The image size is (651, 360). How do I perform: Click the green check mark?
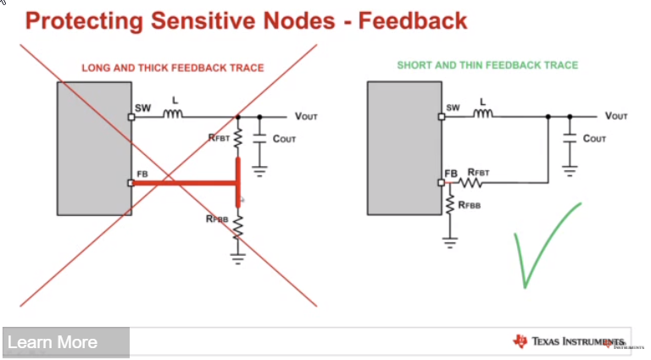[544, 244]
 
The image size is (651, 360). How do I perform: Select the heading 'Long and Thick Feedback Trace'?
[173, 68]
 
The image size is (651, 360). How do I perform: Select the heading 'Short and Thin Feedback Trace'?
[487, 65]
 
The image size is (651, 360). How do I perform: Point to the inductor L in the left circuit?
[175, 114]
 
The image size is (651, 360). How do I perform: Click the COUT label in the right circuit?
[594, 137]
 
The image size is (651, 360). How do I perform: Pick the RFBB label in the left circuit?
[217, 219]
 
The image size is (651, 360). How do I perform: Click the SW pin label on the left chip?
[142, 108]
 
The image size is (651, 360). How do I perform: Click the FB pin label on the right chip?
[451, 174]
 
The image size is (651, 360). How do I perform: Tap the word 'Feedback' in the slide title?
[412, 20]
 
